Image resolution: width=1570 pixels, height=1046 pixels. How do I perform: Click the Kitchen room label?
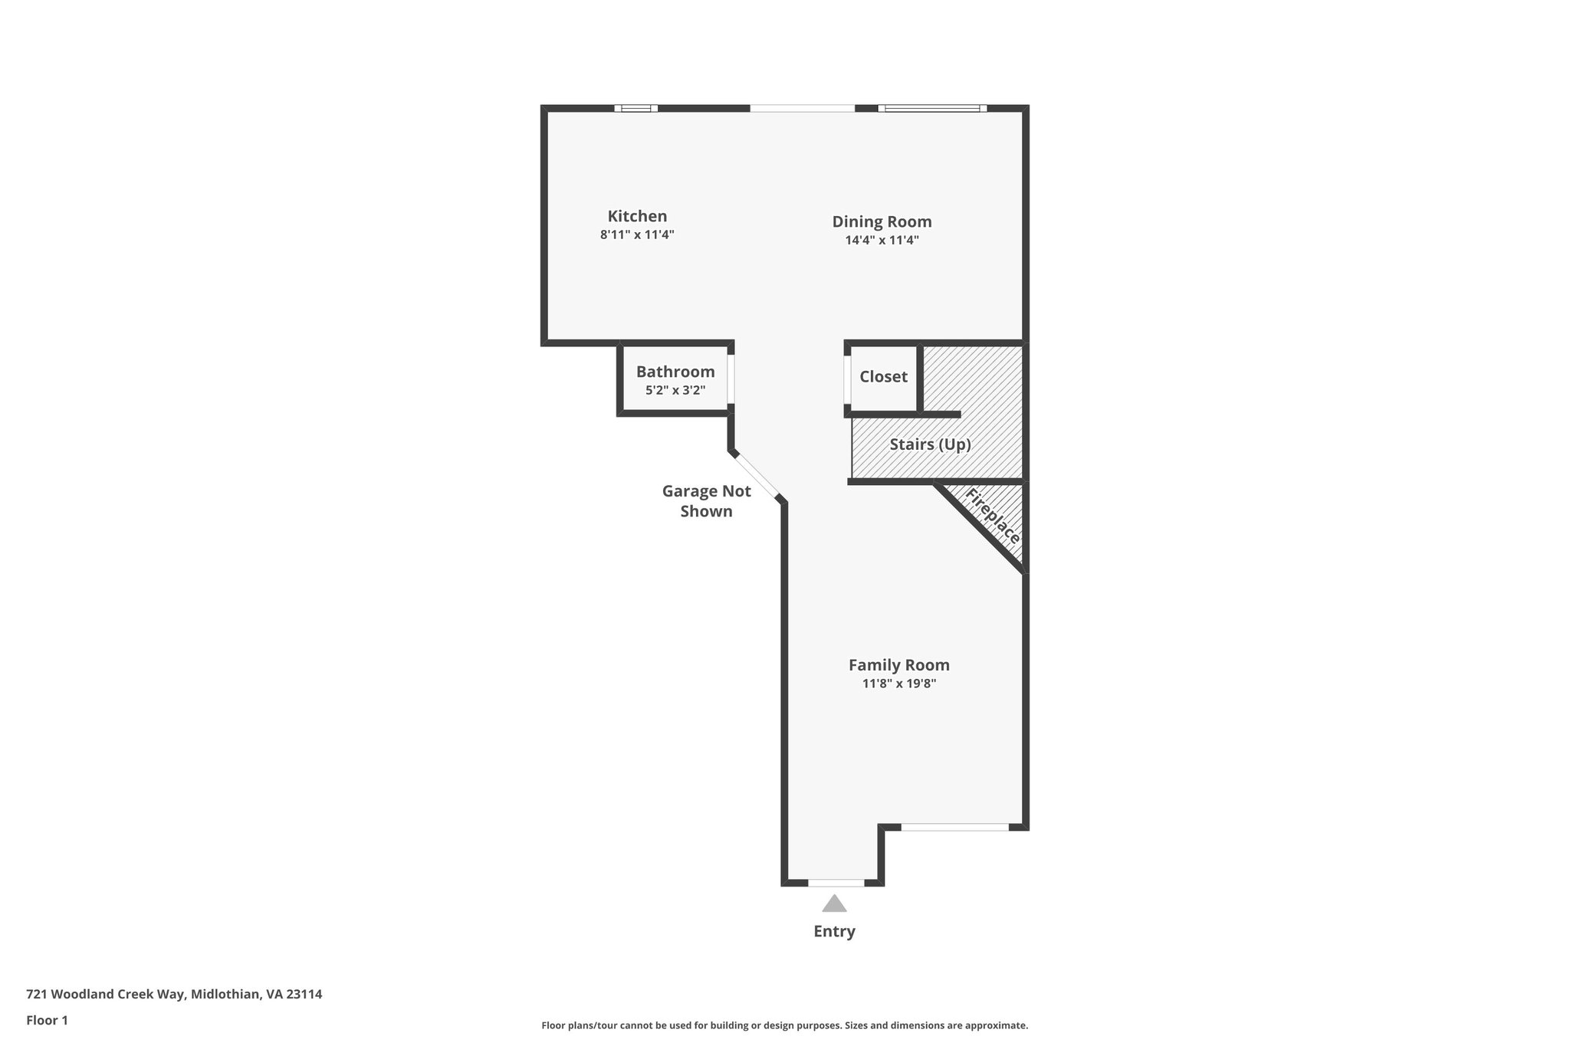[x=637, y=216]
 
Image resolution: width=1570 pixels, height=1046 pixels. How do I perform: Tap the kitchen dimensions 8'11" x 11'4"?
[x=637, y=234]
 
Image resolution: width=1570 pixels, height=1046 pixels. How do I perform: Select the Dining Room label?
[x=882, y=221]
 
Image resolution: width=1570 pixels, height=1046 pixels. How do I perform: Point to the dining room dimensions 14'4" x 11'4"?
[x=882, y=240]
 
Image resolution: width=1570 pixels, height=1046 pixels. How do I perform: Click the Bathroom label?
[x=675, y=372]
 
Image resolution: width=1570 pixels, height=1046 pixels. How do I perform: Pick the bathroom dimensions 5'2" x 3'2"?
[x=675, y=390]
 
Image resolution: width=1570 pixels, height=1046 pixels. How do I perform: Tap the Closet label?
[x=883, y=376]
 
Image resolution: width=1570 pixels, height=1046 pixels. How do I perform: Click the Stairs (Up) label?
[x=930, y=444]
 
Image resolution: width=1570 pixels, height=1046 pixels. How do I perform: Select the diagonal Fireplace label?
[x=993, y=516]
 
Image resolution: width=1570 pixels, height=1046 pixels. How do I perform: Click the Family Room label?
[x=898, y=665]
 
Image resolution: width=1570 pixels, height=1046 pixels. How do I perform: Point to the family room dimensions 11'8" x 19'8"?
[x=898, y=684]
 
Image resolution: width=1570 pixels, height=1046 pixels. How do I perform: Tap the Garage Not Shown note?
[x=706, y=501]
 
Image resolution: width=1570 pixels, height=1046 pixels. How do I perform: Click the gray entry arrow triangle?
[x=834, y=904]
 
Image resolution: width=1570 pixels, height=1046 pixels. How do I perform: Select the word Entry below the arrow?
[x=834, y=932]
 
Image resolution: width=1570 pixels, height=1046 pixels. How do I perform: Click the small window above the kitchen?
[x=636, y=108]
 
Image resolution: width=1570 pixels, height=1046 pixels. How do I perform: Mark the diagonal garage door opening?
[x=757, y=476]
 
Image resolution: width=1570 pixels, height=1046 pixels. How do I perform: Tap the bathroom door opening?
[x=731, y=378]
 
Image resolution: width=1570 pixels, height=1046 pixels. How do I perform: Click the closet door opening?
[x=848, y=379]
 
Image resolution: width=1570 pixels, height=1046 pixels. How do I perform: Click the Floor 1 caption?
[x=47, y=1021]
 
